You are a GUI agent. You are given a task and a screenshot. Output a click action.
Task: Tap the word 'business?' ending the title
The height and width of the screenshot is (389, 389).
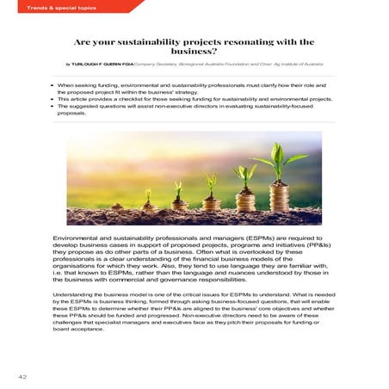194,51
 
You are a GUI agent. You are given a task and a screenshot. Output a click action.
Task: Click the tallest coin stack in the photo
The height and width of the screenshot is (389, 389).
276,193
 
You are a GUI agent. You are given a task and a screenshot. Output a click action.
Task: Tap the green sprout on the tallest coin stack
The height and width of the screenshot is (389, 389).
280,155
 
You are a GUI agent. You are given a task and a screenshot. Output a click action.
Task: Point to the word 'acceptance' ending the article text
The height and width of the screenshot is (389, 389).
92,328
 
